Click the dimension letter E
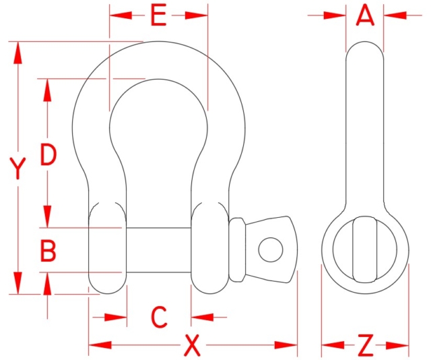point(158,16)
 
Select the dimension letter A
point(364,15)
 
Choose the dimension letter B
point(48,251)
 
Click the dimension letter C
point(158,316)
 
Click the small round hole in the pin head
point(270,249)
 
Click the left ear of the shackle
point(106,247)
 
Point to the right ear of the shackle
point(209,247)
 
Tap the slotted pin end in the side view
point(364,249)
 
